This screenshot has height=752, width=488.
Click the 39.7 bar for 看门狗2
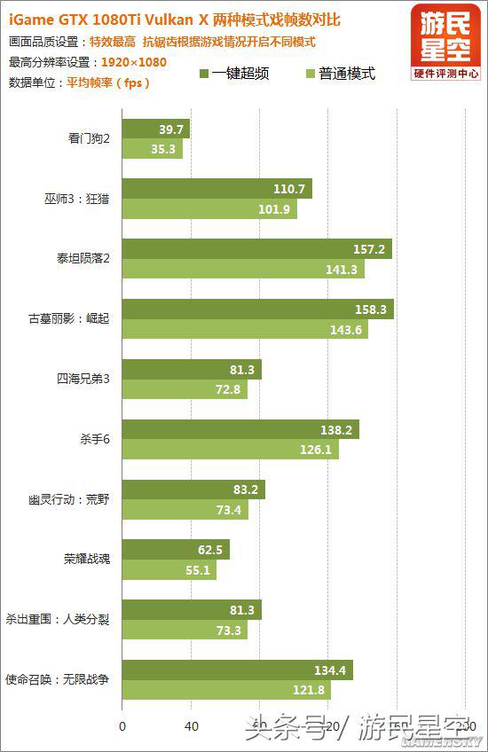click(x=155, y=129)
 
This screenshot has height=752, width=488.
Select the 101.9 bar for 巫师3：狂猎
click(x=209, y=209)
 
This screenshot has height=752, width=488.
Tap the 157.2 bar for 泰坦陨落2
click(x=256, y=249)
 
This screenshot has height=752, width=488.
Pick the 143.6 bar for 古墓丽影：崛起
click(x=245, y=329)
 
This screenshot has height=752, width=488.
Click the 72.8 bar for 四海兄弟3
click(x=185, y=389)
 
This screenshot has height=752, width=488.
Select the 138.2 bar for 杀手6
click(x=240, y=429)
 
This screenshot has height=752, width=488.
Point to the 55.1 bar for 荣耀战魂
click(x=169, y=569)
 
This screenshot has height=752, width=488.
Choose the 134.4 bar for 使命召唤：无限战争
click(x=237, y=670)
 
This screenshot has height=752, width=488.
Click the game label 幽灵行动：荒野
click(x=69, y=498)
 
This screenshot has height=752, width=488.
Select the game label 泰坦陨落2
click(x=83, y=258)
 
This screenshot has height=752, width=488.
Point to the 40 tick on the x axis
click(x=191, y=725)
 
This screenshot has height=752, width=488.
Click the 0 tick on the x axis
click(x=122, y=725)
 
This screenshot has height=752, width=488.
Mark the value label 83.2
click(x=245, y=490)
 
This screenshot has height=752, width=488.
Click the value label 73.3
click(x=228, y=630)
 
